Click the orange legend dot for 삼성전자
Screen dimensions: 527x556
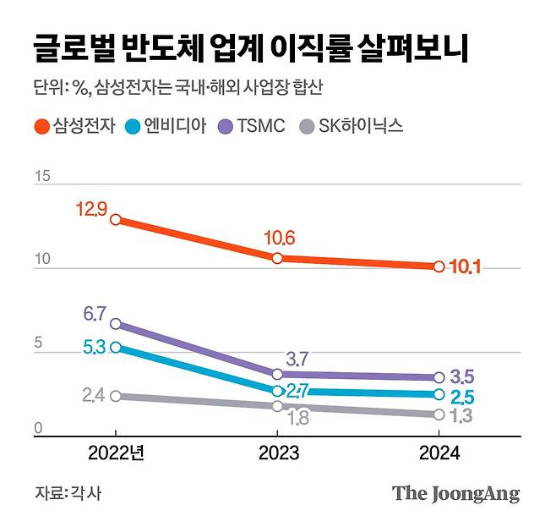41,127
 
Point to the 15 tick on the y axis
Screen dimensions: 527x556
42,177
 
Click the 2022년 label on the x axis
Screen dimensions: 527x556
117,453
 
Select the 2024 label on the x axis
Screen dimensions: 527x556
439,453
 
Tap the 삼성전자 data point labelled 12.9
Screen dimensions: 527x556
116,220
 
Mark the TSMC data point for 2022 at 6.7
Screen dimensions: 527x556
116,324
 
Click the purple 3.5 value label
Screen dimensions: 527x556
462,376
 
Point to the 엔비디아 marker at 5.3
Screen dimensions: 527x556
116,347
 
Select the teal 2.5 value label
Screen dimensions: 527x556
462,396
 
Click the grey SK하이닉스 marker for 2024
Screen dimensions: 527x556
439,414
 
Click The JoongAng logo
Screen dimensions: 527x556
455,494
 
